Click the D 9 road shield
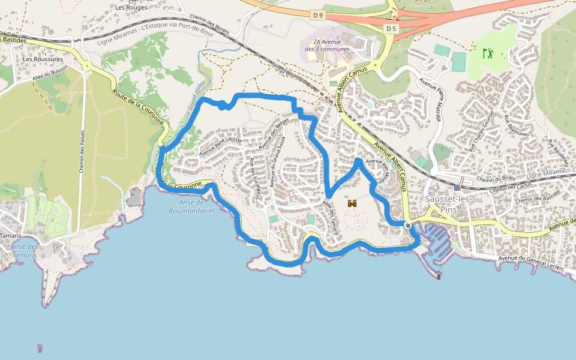coord(318,14)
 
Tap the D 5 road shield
coord(391,28)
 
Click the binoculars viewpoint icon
coord(352,204)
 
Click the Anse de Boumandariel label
coord(191,206)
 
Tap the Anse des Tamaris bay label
coord(25,251)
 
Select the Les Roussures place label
coord(43,59)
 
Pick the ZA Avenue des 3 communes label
coord(327,45)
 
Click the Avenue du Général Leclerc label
coord(532,263)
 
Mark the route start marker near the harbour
coord(408,226)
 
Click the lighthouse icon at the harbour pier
coord(439,275)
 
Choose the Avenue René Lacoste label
coord(221,146)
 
